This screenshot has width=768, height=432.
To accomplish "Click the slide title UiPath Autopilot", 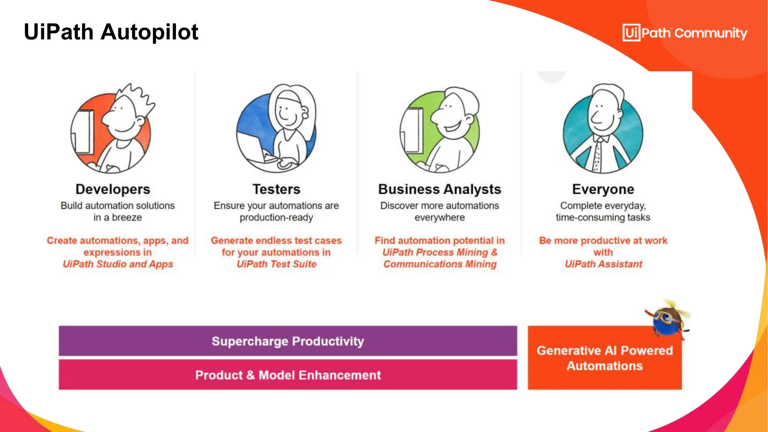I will coord(111,32).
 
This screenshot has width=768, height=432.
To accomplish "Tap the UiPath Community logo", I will coord(684,33).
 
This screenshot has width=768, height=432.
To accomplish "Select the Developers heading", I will coord(113,189).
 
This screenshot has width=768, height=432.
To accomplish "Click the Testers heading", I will coord(276,189).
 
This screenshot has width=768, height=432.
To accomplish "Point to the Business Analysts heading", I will coord(439,189).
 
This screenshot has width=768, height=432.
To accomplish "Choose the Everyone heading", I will coord(603,189).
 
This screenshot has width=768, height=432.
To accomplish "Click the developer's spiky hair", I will coord(135,96).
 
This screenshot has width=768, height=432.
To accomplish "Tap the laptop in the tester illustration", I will coord(251,146).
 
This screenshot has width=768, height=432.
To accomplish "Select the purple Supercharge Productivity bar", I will coord(288,341).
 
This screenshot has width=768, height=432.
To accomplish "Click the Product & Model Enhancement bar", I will coord(288,375).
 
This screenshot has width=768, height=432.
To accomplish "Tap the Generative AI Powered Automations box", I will coord(604,358).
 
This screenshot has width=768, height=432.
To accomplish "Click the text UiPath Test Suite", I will coord(276,264).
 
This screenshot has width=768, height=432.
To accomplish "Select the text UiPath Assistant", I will coord(603,264).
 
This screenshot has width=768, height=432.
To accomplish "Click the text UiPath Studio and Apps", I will coord(118,264).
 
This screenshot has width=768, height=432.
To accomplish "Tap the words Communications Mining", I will coord(440,264).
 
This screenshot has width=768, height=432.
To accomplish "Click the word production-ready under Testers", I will coord(276,217).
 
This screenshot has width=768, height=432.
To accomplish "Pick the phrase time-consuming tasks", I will coord(603,217).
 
